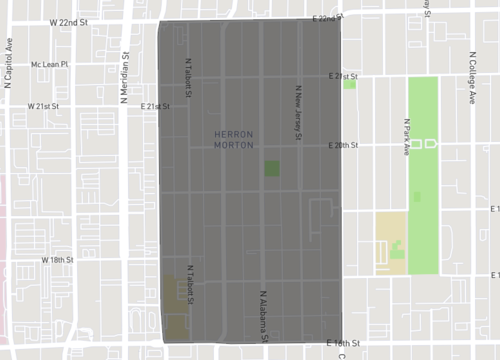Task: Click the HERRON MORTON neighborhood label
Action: (234, 139)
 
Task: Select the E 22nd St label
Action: (327, 19)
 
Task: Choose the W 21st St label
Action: (44, 105)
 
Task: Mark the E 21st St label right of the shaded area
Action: (343, 75)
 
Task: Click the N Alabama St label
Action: (264, 315)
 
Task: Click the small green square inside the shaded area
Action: (272, 168)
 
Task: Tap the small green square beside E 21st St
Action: (349, 85)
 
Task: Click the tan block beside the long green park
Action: (390, 241)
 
